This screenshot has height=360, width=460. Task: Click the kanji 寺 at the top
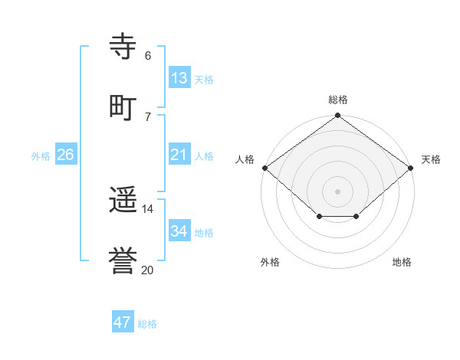(123, 46)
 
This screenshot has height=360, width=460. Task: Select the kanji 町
(123, 106)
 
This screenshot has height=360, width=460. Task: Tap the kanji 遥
(123, 201)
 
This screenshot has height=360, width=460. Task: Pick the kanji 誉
(123, 262)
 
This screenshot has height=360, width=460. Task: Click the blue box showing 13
(179, 78)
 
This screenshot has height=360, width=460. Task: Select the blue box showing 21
(179, 155)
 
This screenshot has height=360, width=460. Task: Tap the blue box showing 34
(179, 231)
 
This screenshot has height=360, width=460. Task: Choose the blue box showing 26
(65, 155)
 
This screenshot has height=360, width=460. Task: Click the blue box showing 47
(123, 322)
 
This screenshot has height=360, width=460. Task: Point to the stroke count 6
(148, 56)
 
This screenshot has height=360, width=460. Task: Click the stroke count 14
(148, 208)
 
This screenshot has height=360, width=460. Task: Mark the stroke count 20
(148, 270)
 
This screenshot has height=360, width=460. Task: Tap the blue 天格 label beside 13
(204, 80)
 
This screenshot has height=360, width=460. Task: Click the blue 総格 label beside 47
(147, 324)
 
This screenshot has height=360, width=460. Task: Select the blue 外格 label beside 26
(41, 156)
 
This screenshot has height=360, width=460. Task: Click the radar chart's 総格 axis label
(338, 100)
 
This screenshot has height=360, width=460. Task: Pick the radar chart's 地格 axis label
(402, 262)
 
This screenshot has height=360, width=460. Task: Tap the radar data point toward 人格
(264, 168)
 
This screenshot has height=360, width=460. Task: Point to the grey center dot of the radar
(338, 191)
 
